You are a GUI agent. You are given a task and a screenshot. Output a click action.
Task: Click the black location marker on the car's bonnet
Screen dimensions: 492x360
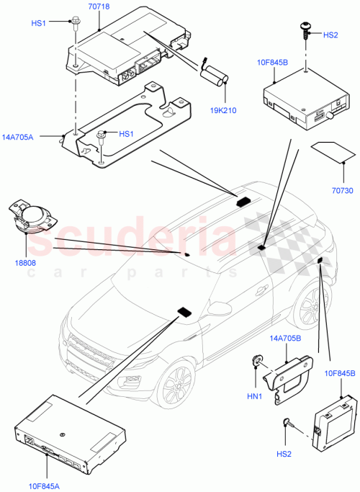tap(183, 311)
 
